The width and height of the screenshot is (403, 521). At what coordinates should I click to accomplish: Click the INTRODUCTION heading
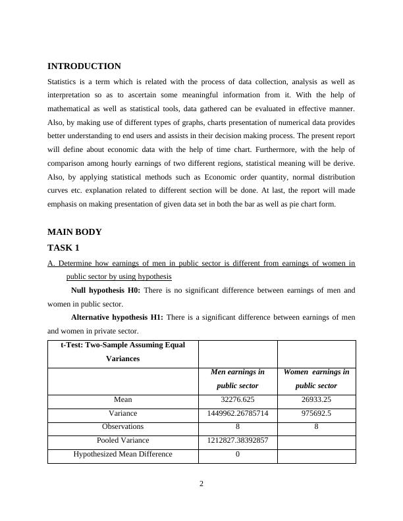coord(84,66)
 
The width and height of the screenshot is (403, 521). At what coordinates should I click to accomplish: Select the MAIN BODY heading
coord(74,232)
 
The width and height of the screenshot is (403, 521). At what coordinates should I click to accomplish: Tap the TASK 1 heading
coord(63,248)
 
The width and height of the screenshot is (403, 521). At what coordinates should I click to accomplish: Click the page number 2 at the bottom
coord(201,484)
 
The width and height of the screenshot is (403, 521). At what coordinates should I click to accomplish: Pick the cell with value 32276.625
coord(237,399)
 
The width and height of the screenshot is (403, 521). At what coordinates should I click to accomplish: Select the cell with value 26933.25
coord(316,399)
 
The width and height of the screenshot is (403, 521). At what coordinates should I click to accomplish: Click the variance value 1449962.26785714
coord(237,413)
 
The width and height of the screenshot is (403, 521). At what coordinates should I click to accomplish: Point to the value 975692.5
coord(316,413)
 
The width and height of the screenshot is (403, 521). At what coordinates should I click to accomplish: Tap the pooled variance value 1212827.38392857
coord(237,440)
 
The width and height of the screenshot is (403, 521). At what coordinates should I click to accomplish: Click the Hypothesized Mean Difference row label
coord(122,454)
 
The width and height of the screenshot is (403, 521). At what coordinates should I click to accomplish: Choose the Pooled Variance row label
coord(122,440)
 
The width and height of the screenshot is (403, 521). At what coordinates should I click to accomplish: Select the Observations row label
coord(122,426)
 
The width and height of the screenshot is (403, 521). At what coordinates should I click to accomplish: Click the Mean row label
coord(122,399)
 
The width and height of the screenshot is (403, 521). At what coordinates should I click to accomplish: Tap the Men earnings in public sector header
coord(237,379)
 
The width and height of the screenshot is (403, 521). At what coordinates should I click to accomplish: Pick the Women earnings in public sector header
coord(316,379)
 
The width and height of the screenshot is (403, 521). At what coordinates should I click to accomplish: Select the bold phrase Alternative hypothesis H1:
coord(117,317)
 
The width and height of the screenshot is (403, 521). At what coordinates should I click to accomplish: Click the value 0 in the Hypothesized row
coord(237,454)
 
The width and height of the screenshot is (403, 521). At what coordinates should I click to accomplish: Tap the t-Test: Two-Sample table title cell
coord(122,352)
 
